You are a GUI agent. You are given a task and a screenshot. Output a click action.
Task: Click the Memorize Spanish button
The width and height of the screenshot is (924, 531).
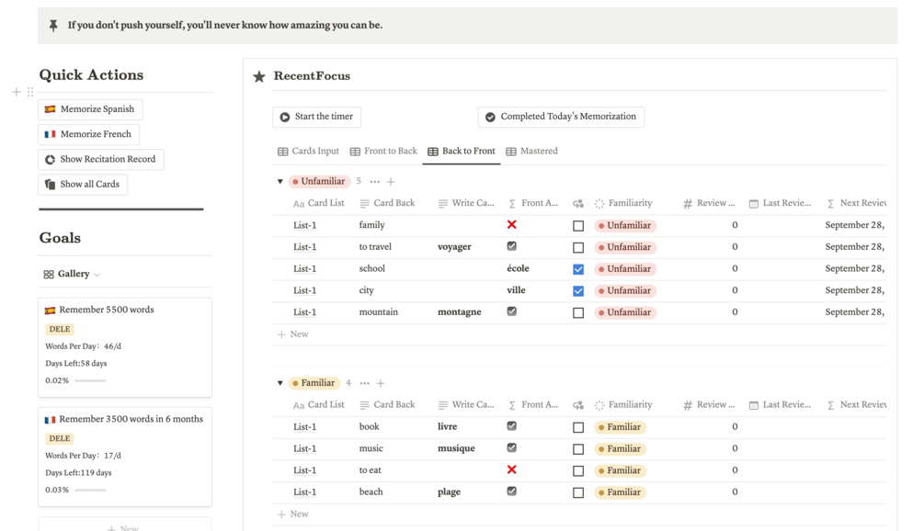[90, 109]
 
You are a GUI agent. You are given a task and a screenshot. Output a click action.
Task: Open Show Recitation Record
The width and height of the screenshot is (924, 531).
[101, 159]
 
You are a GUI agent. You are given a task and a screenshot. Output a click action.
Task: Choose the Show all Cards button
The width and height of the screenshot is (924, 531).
[83, 184]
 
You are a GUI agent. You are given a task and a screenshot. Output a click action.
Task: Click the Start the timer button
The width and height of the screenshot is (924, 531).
[316, 117]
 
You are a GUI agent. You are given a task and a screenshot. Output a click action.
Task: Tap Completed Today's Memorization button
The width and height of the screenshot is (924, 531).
[561, 117]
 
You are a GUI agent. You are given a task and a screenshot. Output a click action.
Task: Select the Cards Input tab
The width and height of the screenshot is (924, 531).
[308, 151]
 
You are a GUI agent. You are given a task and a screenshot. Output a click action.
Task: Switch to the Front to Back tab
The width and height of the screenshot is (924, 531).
[383, 151]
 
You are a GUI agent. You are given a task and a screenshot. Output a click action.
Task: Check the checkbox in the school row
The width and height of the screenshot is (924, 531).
[578, 269]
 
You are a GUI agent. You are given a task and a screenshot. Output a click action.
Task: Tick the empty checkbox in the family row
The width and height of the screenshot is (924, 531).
[578, 225]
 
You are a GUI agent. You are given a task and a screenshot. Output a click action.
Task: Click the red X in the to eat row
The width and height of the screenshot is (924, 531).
[512, 469]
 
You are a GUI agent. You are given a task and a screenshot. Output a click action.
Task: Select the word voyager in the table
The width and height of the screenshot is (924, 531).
[454, 247]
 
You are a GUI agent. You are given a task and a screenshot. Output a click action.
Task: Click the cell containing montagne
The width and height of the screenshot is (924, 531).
[459, 312]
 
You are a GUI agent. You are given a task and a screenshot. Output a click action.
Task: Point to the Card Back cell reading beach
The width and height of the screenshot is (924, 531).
[371, 492]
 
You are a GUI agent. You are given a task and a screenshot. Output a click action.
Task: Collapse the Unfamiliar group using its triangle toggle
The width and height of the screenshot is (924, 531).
[280, 182]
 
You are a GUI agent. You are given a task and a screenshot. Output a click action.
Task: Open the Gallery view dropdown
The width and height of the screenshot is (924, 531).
[73, 274]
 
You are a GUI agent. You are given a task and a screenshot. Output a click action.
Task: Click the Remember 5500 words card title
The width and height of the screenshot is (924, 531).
[106, 310]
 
